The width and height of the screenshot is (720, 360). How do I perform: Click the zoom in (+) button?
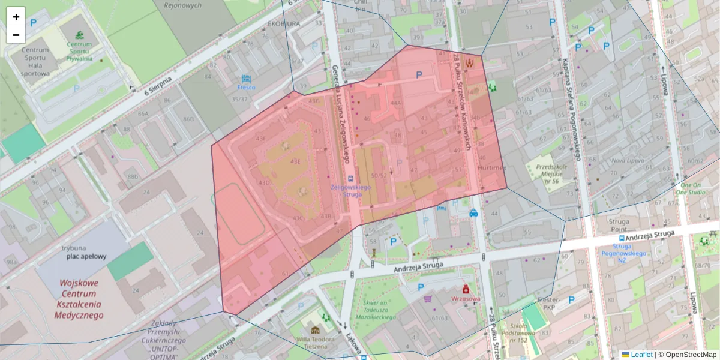(16, 17)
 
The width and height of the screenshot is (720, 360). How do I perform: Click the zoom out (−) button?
(16, 35)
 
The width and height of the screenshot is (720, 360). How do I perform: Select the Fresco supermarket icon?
(246, 79)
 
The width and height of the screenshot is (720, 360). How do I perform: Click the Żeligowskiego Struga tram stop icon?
(351, 178)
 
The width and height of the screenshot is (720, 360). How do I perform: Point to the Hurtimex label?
(492, 169)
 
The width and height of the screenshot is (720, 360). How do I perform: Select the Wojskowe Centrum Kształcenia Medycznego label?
(81, 299)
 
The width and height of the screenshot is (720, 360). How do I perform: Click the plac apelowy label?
(86, 256)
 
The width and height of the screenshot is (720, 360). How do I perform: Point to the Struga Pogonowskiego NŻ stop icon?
(622, 238)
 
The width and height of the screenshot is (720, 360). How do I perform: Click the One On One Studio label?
(691, 189)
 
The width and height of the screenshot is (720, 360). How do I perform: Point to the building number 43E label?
(295, 161)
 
